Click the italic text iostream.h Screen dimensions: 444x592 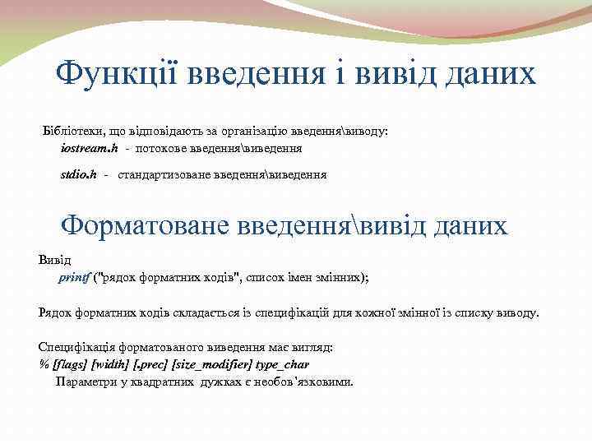click(90, 149)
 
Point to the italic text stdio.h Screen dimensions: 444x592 click(79, 174)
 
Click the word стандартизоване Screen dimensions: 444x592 click(163, 174)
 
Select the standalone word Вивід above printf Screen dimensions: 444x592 click(55, 260)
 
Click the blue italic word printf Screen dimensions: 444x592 click(73, 277)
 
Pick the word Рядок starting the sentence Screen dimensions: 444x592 click(55, 312)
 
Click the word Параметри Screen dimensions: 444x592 click(84, 382)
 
